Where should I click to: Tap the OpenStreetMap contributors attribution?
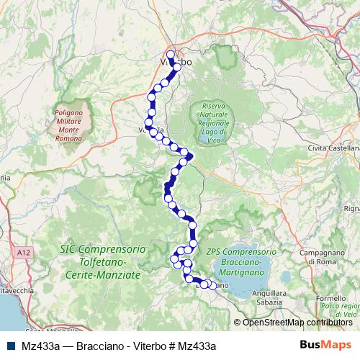pos(297,322)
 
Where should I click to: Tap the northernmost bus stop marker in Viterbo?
pos(171,54)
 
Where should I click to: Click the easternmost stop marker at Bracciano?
pos(212,285)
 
